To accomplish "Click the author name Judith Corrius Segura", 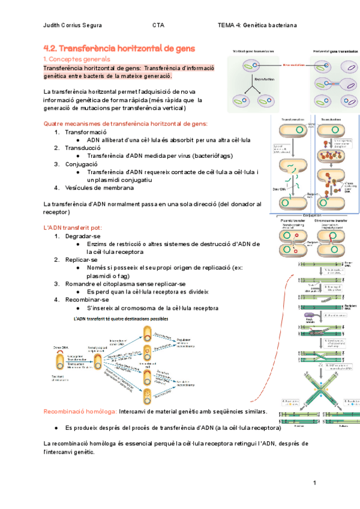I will point(73,25).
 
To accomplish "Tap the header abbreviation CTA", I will point(158,25).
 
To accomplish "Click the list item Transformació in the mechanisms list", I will point(85,131).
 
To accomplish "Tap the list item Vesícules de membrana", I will point(99,188).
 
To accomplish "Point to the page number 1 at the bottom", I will point(314,484).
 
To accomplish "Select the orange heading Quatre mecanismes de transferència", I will point(126,123).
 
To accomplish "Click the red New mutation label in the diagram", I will point(295,64).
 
